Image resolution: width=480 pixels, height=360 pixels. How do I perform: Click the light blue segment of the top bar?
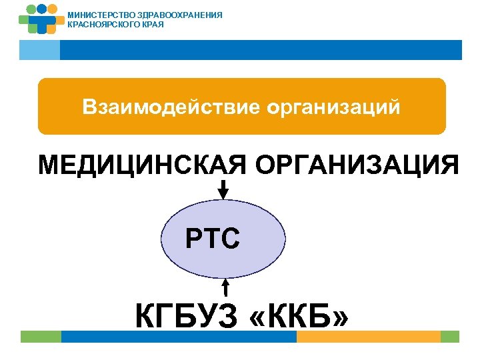pyautogui.click(x=39, y=49)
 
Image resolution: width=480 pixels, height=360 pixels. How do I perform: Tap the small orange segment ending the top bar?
pyautogui.click(x=453, y=49)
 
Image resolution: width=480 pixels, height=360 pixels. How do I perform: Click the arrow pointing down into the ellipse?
pyautogui.click(x=223, y=189)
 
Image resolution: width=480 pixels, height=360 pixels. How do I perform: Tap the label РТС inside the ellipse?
pyautogui.click(x=213, y=237)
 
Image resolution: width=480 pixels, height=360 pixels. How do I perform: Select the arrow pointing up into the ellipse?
pyautogui.click(x=226, y=287)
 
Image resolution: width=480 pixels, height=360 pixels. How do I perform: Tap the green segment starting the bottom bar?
pyautogui.click(x=40, y=337)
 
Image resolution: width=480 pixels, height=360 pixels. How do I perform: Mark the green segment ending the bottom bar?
pyautogui.click(x=450, y=337)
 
